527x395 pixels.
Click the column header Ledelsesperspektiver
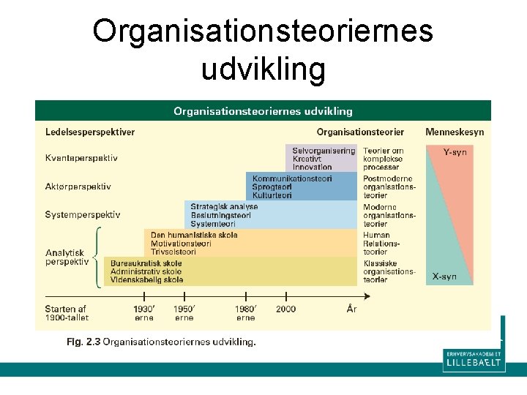tap(89, 132)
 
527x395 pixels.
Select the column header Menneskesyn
tap(455, 132)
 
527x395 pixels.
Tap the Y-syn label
tap(455, 152)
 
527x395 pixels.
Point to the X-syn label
tap(444, 276)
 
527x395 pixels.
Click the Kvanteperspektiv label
tap(81, 158)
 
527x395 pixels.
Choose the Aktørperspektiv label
tap(78, 187)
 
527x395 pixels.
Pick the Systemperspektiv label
tap(83, 215)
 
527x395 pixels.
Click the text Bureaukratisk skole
tap(146, 263)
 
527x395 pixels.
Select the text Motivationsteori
tap(181, 244)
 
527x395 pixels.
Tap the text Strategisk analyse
tap(224, 207)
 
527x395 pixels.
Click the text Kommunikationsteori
tap(292, 178)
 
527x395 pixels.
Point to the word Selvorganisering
tap(324, 151)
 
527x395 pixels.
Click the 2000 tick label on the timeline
tap(286, 309)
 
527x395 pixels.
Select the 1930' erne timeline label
tap(144, 313)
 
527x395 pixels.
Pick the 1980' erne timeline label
tap(246, 313)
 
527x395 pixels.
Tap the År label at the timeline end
tap(351, 309)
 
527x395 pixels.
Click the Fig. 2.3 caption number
tap(83, 342)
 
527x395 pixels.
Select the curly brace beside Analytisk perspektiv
tap(97, 257)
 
